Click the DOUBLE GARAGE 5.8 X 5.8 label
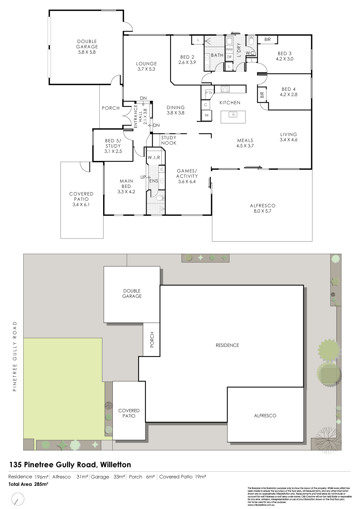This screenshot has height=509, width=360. pyautogui.click(x=87, y=47)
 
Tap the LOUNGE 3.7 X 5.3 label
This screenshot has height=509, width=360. pyautogui.click(x=147, y=67)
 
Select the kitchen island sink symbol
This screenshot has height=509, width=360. pyautogui.click(x=233, y=114)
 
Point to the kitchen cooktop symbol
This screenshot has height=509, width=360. pyautogui.click(x=225, y=89)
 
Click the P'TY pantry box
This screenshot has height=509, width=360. pyautogui.click(x=209, y=93)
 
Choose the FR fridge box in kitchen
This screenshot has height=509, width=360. pyautogui.click(x=207, y=115)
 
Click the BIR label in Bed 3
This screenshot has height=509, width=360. pyautogui.click(x=267, y=40)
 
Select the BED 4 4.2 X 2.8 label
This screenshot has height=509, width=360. pyautogui.click(x=287, y=92)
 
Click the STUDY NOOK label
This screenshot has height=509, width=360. pyautogui.click(x=169, y=140)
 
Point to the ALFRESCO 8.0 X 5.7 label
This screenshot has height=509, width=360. pyautogui.click(x=262, y=208)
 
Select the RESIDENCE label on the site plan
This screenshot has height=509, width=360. pyautogui.click(x=227, y=345)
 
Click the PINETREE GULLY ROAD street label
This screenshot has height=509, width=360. pyautogui.click(x=15, y=356)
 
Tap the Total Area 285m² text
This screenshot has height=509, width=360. pyautogui.click(x=28, y=484)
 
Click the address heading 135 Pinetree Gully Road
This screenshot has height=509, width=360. pyautogui.click(x=70, y=464)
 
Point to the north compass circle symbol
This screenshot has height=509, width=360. pyautogui.click(x=17, y=498)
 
